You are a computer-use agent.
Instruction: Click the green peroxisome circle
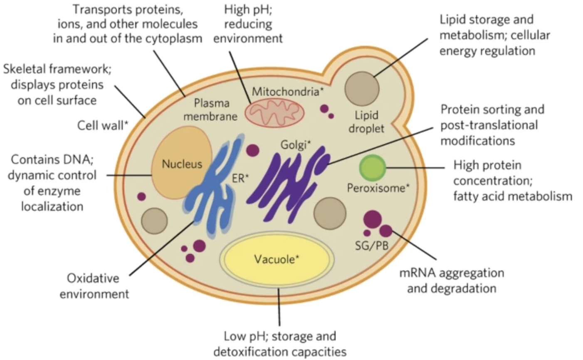pyautogui.click(x=373, y=167)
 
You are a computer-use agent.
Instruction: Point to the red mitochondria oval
pyautogui.click(x=274, y=111)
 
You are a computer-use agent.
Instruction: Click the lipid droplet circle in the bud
pyautogui.click(x=361, y=89)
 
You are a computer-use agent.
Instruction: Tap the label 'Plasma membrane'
pyautogui.click(x=210, y=109)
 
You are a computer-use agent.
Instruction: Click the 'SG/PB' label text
pyautogui.click(x=372, y=246)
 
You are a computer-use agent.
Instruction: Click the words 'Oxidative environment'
pyautogui.click(x=94, y=286)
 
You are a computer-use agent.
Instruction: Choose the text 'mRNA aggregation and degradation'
pyautogui.click(x=452, y=281)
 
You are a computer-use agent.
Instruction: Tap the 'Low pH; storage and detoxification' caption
pyautogui.click(x=279, y=344)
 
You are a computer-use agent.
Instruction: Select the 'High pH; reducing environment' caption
pyautogui.click(x=248, y=23)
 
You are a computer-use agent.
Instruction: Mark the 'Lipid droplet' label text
pyautogui.click(x=366, y=122)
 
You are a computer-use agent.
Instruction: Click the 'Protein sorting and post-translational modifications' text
pyautogui.click(x=492, y=125)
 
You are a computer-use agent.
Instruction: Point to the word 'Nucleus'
pyautogui.click(x=182, y=164)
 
